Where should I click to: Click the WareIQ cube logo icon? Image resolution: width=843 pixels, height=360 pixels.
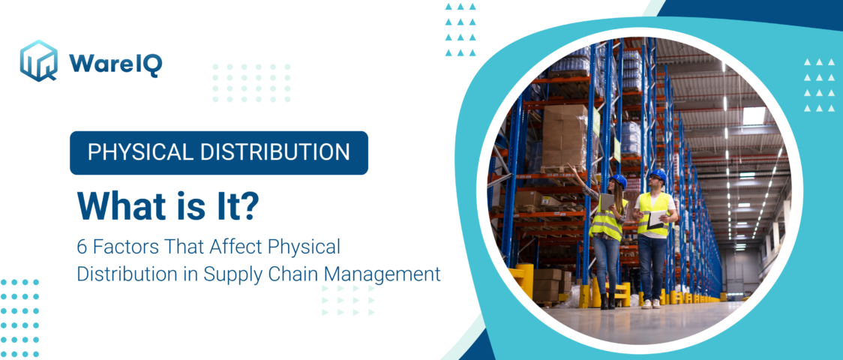coord(39,61)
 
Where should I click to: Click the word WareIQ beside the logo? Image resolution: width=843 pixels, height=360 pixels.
coord(115,64)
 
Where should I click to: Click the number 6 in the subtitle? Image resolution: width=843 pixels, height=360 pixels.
coord(82,246)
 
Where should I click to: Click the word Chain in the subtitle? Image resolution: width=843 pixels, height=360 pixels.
coord(291,274)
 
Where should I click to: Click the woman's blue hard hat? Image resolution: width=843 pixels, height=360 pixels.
coord(618,181)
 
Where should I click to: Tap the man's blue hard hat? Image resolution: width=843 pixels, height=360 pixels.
coord(657,175)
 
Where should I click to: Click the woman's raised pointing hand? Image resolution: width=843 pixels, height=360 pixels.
coord(571,169)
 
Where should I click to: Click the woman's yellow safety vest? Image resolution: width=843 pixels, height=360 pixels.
coord(606,222)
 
